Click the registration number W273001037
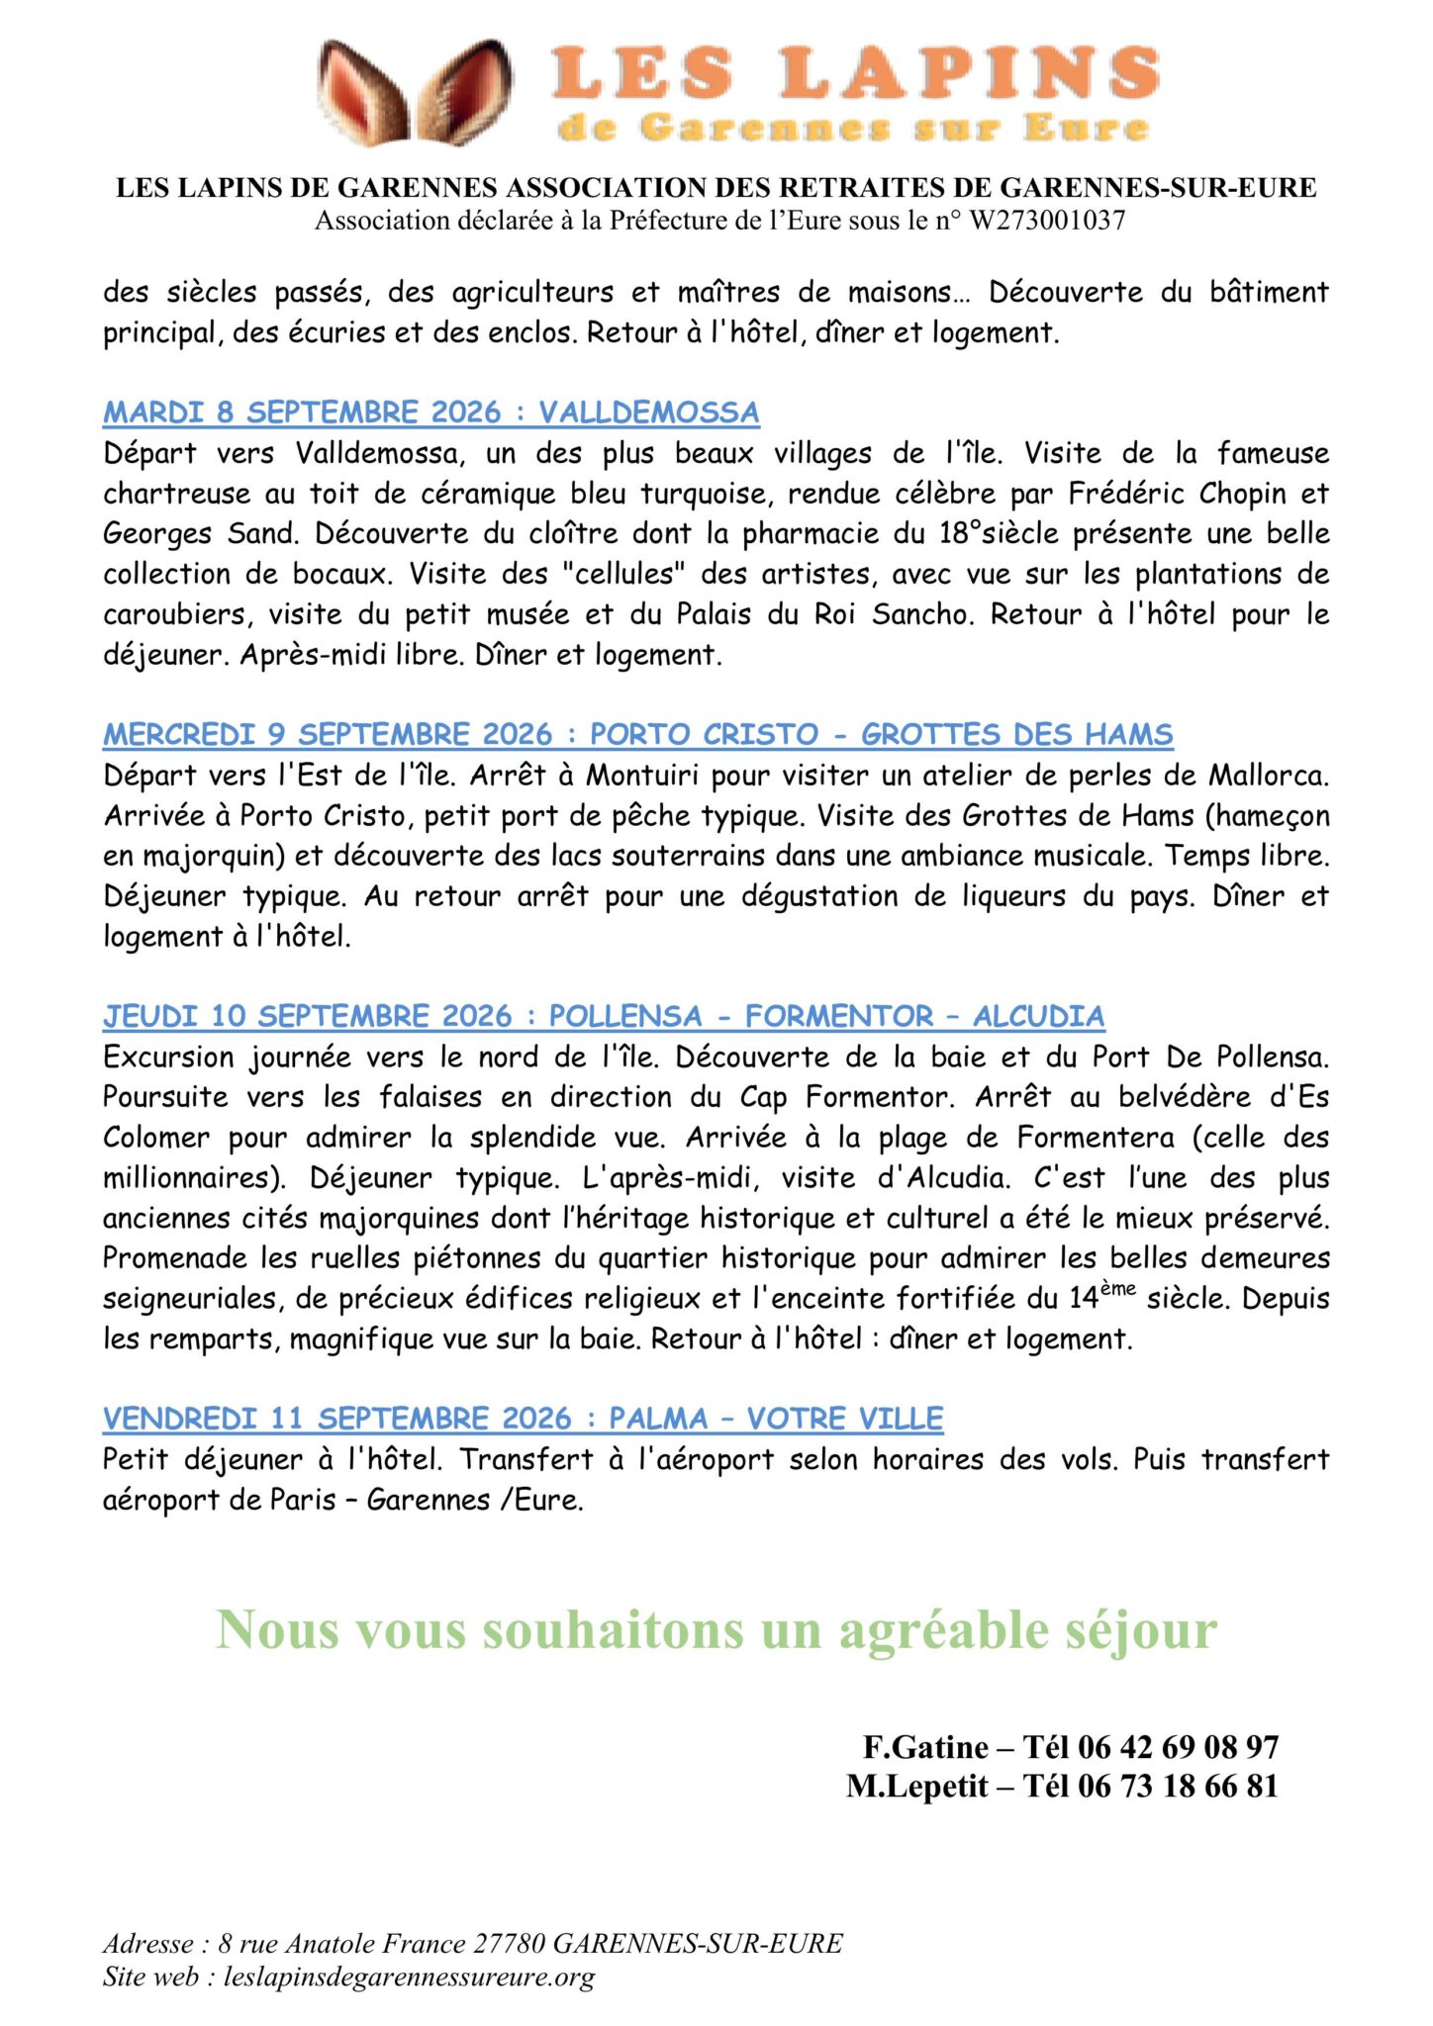coord(1046,221)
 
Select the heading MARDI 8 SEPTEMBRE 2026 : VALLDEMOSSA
coord(430,413)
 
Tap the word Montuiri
coord(643,776)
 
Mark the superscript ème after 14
coord(1117,1289)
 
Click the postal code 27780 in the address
coord(509,1944)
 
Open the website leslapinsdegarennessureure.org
coord(409,1977)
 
